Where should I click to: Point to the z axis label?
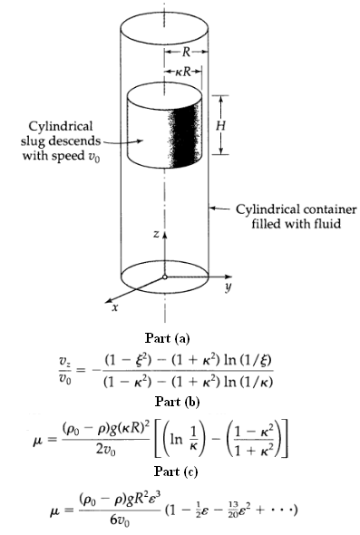tap(156, 234)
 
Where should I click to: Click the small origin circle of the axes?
tap(164, 276)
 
